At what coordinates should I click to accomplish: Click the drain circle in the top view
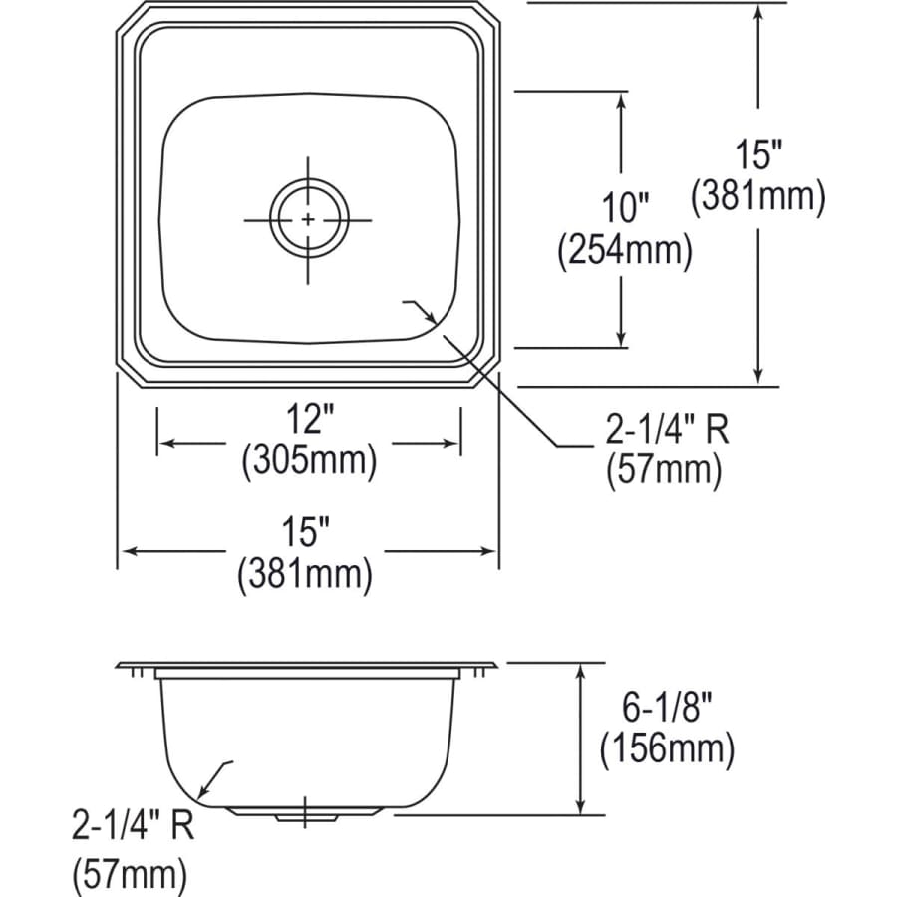click(x=309, y=218)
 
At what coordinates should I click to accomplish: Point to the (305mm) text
click(x=309, y=461)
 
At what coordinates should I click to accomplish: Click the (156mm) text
click(x=666, y=748)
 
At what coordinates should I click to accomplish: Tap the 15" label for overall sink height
click(x=758, y=154)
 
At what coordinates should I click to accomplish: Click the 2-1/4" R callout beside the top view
click(x=667, y=430)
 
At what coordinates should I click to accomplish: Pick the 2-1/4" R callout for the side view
click(x=132, y=826)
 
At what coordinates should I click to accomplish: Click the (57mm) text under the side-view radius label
click(x=130, y=876)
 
